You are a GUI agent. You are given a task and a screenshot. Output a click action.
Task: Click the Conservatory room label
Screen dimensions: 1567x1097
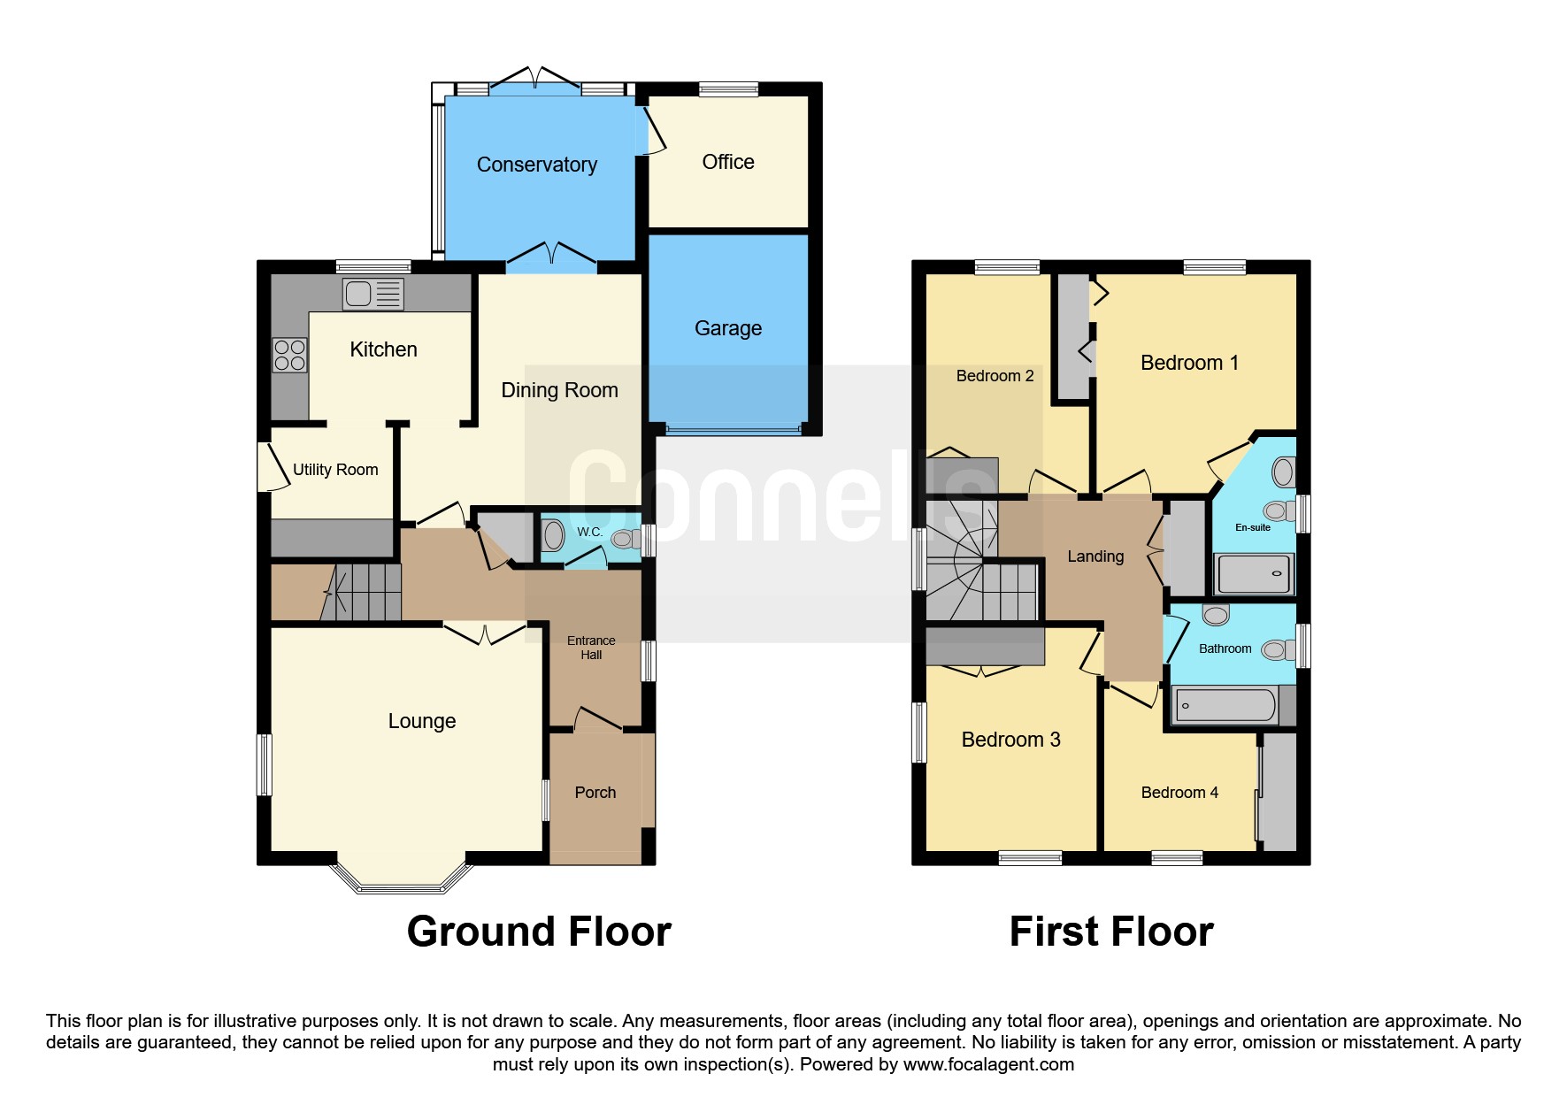537,165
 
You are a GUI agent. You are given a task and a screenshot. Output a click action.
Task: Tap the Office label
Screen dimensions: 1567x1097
728,162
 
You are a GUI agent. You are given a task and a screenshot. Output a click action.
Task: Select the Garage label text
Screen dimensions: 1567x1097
728,328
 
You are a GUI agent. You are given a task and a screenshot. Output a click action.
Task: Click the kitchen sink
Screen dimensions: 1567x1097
373,294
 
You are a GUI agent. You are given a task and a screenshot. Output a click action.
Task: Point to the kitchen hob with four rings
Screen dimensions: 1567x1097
289,355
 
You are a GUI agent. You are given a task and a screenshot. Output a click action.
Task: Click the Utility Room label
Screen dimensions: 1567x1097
335,470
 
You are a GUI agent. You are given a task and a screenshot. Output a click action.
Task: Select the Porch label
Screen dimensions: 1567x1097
595,793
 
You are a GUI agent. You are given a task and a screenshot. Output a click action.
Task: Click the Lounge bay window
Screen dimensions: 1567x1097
402,877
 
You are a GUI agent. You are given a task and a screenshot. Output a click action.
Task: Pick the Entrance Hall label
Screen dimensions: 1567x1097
591,648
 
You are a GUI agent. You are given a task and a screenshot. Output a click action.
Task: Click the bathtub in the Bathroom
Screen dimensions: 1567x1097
1225,706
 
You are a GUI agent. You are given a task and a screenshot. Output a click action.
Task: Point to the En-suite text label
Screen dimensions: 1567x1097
1253,527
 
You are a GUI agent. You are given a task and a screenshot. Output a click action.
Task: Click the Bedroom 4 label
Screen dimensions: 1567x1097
1179,793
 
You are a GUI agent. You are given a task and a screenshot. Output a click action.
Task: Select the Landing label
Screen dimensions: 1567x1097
1095,556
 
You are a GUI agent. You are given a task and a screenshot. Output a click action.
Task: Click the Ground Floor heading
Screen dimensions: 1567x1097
539,932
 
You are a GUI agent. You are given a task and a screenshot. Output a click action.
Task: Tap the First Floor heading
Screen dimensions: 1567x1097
1111,932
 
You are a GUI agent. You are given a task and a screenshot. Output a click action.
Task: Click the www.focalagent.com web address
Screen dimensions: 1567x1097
988,1064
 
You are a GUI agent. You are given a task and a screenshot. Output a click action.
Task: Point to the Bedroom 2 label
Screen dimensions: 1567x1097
995,376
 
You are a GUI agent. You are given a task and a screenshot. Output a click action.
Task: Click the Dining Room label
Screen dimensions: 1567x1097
559,390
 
